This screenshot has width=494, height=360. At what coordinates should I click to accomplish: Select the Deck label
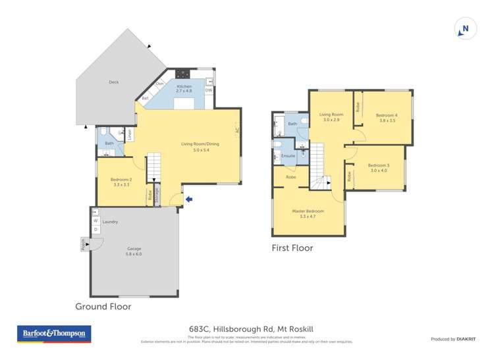point(114,83)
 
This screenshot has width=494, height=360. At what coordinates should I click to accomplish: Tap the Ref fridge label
point(145,99)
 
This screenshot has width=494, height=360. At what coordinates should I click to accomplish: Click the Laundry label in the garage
point(110,222)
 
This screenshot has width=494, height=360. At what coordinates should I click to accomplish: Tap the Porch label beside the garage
point(83,245)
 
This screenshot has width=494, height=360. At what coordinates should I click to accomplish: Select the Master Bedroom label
point(308,213)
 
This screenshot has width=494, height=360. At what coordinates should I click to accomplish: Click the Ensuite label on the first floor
point(288,156)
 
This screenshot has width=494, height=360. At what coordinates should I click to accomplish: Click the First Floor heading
point(292,248)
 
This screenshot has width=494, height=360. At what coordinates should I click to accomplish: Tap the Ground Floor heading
point(103,307)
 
